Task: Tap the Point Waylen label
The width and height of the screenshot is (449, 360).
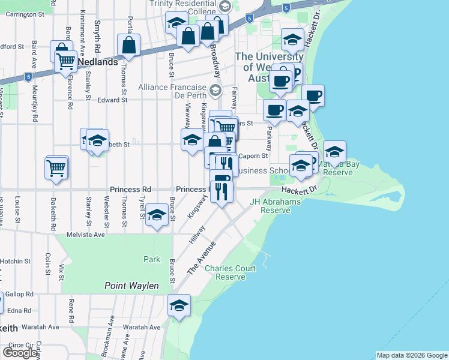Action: coord(131,286)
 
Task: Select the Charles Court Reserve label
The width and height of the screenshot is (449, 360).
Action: coord(225,272)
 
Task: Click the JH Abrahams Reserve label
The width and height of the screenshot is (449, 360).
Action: coord(275,206)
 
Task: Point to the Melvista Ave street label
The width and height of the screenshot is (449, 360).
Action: coord(86,235)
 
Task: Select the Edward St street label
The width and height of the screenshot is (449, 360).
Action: coord(113,100)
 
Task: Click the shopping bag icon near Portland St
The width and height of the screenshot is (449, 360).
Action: coord(129,44)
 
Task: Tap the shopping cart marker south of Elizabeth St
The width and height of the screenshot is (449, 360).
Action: coord(56,167)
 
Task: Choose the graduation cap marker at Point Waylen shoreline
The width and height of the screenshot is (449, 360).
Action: coord(179,305)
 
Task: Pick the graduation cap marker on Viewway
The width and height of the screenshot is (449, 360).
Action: coord(192,140)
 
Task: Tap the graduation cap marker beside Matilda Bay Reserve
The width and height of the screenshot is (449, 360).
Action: coord(334,152)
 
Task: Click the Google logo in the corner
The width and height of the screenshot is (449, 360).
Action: coord(20,352)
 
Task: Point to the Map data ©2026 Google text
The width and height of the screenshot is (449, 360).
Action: coord(412,355)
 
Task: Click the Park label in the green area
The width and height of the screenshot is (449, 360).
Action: coord(152,259)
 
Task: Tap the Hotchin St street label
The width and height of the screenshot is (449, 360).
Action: coord(16,261)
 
